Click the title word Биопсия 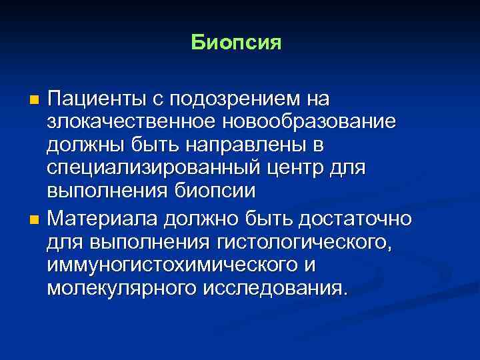(237, 43)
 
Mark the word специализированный (150, 167)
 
